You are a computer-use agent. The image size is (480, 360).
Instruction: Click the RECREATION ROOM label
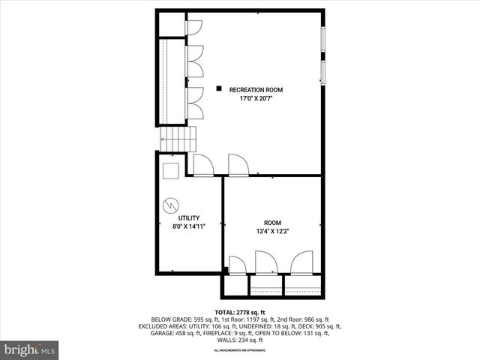(256, 89)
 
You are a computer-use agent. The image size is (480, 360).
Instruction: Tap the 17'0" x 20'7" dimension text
(256, 98)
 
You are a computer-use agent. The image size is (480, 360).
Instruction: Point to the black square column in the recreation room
(218, 88)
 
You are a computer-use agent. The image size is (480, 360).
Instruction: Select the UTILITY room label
(188, 217)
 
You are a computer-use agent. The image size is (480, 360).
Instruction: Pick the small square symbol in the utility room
(171, 170)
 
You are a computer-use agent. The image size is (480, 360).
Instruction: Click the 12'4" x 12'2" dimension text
(271, 231)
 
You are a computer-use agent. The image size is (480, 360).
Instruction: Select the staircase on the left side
(178, 139)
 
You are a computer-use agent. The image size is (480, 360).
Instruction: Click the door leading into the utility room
(203, 165)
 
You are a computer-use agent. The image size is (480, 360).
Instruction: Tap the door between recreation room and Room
(238, 165)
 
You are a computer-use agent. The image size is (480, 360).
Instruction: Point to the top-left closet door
(193, 27)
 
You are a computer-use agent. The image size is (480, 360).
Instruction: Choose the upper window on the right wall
(323, 44)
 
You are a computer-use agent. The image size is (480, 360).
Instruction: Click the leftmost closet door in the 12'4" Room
(236, 265)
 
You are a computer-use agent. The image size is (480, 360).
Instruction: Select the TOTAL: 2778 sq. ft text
(240, 312)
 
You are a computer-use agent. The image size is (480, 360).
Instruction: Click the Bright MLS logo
(30, 349)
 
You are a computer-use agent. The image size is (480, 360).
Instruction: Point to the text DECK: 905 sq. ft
(319, 326)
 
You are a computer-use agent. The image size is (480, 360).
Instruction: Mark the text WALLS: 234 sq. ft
(240, 340)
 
